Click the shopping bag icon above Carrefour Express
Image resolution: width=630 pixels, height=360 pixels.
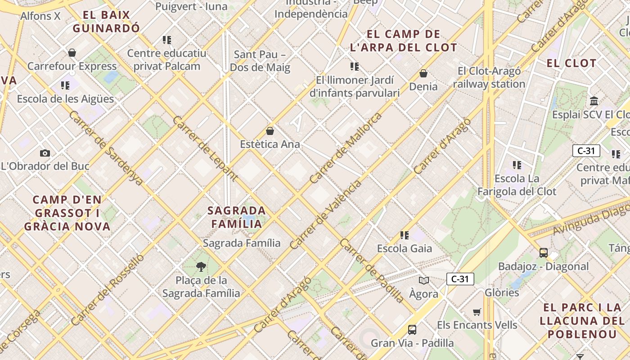72,53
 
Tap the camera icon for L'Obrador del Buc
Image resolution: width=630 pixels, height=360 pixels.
45,153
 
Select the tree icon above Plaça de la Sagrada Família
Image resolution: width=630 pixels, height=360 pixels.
201,267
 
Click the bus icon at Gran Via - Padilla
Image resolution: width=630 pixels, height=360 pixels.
412,330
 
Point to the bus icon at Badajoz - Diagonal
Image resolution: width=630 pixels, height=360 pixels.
544,253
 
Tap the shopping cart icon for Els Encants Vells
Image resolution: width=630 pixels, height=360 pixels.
477,312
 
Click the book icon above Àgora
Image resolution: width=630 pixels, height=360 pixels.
423,281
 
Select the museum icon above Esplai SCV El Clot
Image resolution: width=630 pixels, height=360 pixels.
594,101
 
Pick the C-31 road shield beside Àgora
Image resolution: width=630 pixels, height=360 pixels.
460,279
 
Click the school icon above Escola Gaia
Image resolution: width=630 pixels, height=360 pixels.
405,235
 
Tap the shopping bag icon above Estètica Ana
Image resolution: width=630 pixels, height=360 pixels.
270,131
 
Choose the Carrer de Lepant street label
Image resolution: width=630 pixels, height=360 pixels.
205,148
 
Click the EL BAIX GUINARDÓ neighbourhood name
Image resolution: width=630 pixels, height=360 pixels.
107,22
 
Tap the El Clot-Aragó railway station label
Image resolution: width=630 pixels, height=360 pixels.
489,77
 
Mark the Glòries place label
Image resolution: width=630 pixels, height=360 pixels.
502,292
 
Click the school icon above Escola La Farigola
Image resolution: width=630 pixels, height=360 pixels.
517,165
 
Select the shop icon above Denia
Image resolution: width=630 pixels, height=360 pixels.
423,73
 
